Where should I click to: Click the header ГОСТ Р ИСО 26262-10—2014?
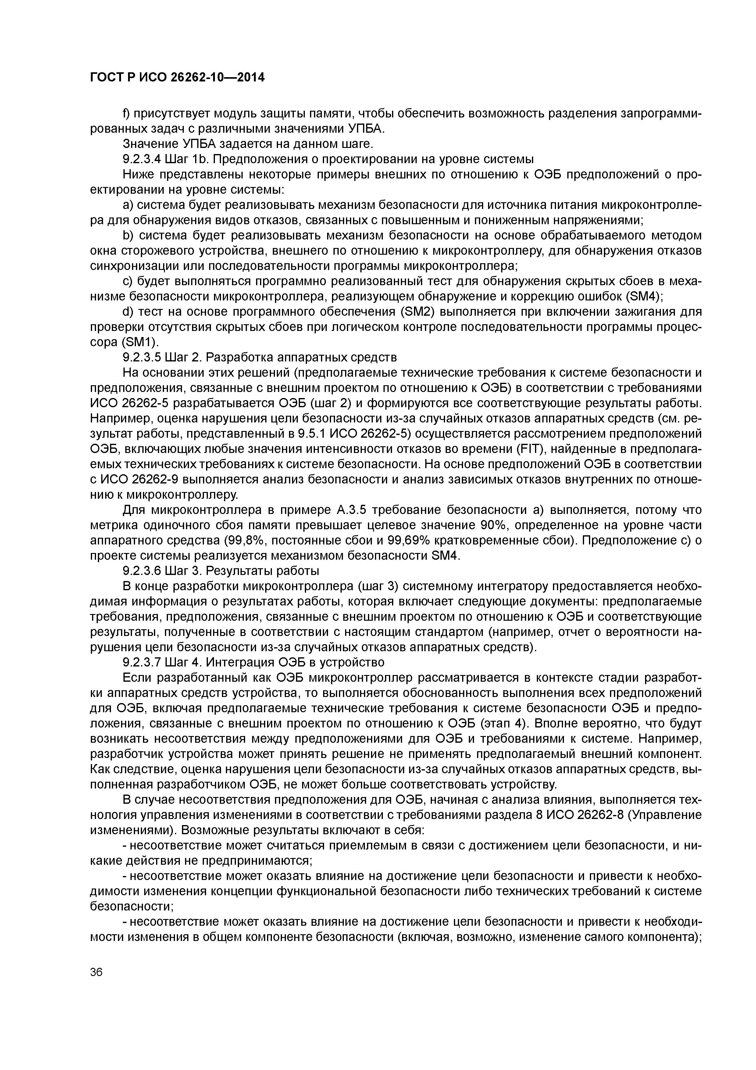(177, 77)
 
